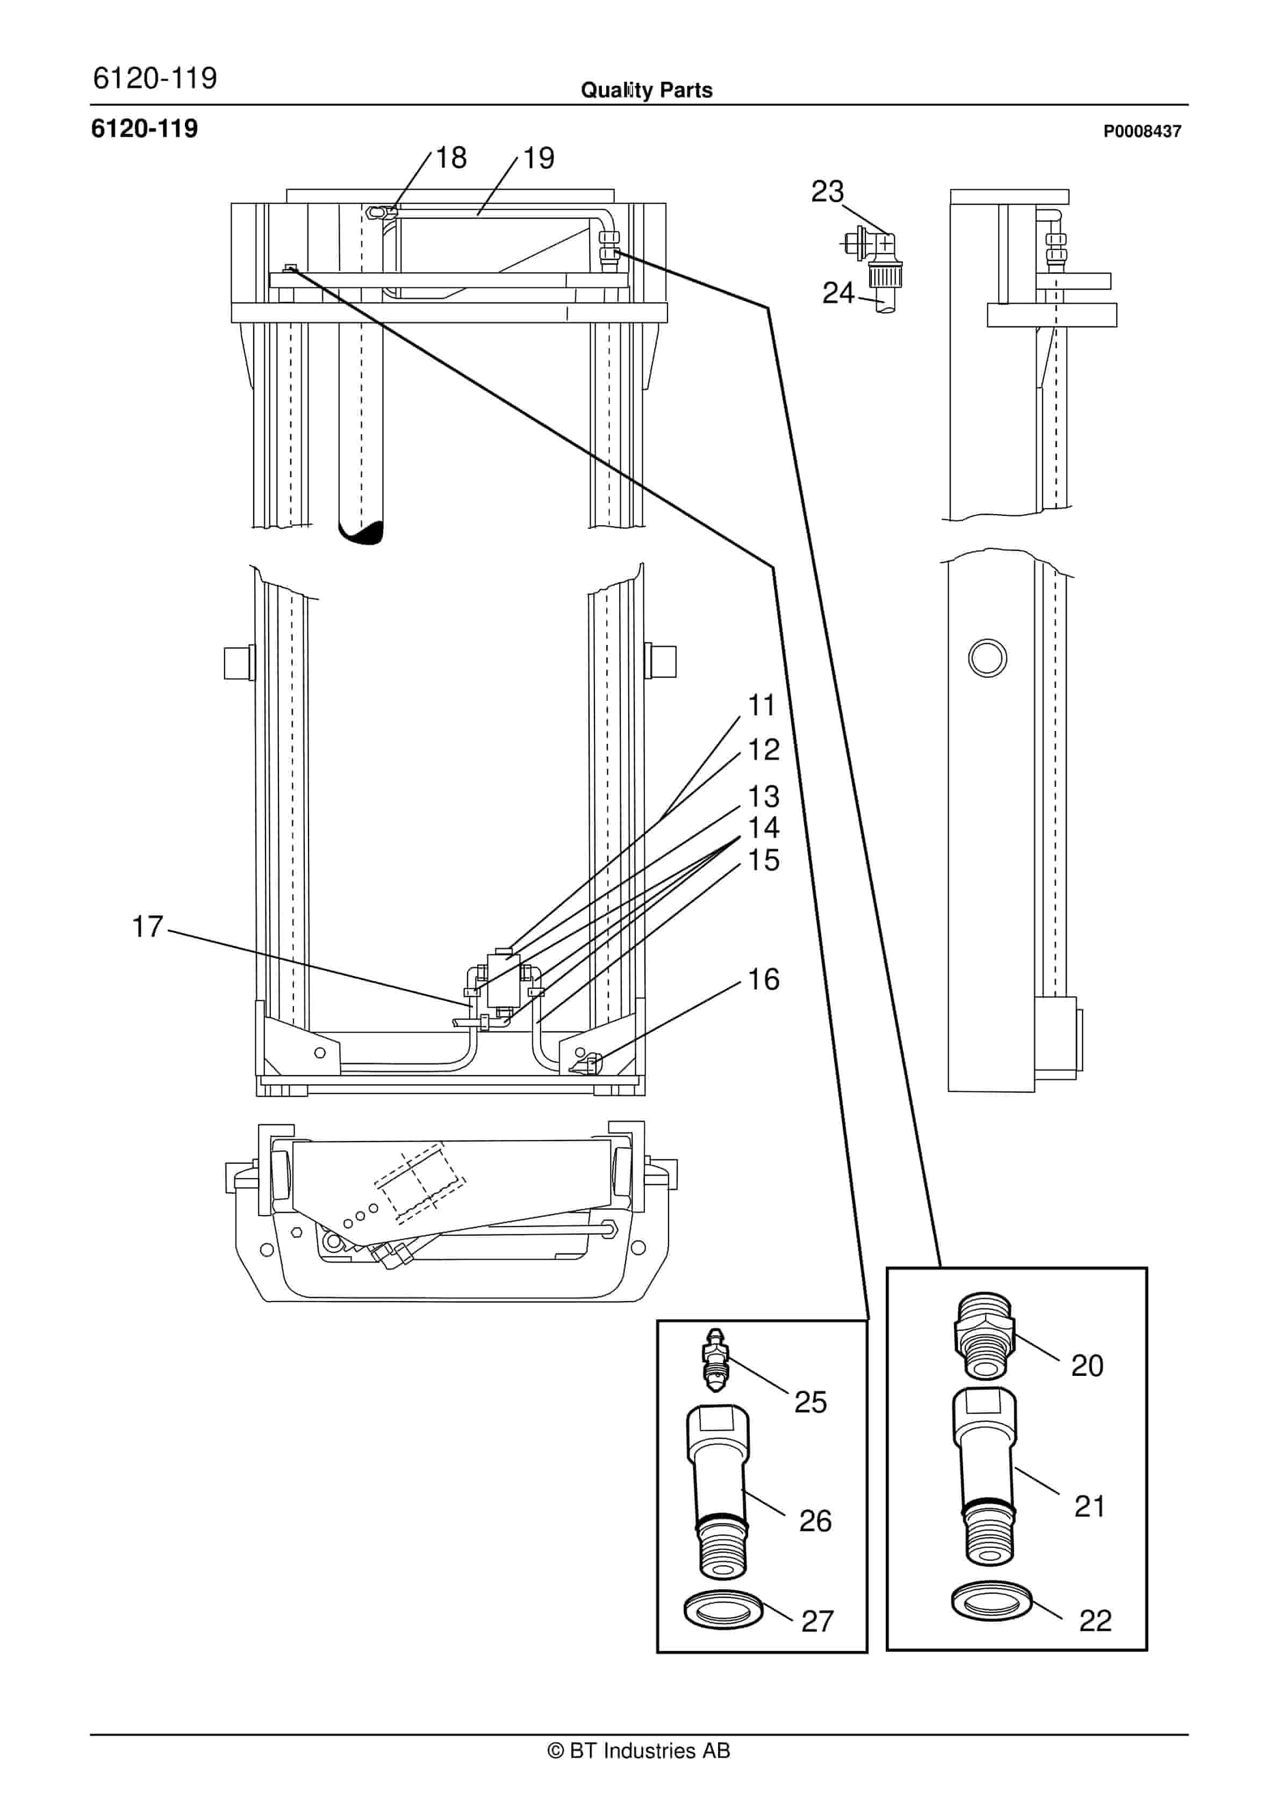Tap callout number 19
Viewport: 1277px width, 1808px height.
[x=539, y=158]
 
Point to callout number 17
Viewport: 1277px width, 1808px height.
[x=147, y=927]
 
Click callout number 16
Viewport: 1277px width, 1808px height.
[x=763, y=980]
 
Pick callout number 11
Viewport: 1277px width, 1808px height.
[x=762, y=706]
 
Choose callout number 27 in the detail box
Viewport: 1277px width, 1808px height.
[x=817, y=1622]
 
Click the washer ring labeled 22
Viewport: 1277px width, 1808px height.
[x=991, y=1601]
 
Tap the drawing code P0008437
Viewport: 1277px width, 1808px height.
[x=1142, y=132]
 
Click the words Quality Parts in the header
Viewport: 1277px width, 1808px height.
[x=647, y=90]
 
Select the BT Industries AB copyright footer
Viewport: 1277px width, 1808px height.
[x=638, y=1750]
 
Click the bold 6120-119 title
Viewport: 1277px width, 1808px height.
[x=145, y=128]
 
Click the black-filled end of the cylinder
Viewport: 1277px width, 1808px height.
[x=364, y=533]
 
